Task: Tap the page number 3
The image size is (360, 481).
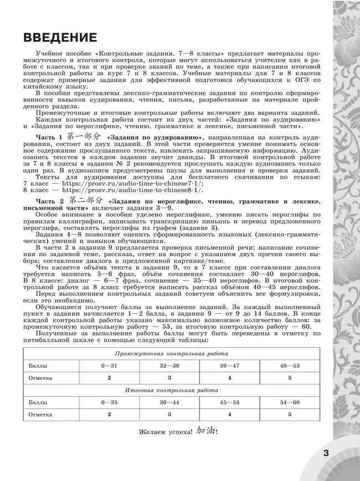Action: pyautogui.click(x=326, y=453)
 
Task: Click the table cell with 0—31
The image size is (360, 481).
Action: pyautogui.click(x=110, y=366)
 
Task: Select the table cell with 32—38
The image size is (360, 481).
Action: pyautogui.click(x=169, y=366)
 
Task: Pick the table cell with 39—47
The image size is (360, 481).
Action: pyautogui.click(x=229, y=366)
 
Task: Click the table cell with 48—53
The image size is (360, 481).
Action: pyautogui.click(x=289, y=366)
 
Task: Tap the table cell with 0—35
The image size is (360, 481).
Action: pyautogui.click(x=110, y=402)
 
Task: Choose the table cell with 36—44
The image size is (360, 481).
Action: pyautogui.click(x=169, y=402)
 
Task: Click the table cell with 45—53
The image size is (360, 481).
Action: pyautogui.click(x=229, y=402)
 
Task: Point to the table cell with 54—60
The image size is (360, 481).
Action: pyautogui.click(x=289, y=402)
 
